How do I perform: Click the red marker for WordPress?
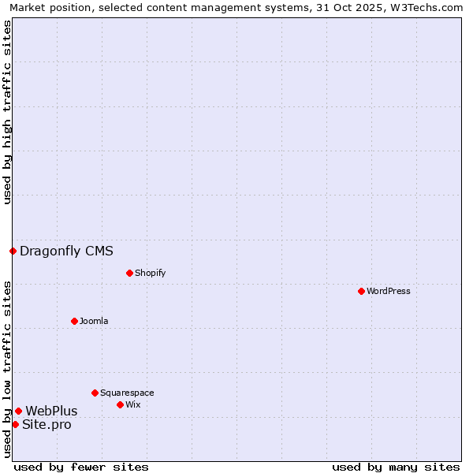[361, 291]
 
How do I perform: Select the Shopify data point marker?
[129, 273]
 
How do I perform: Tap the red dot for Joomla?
[74, 321]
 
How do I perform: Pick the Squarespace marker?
[95, 393]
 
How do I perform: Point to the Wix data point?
[120, 404]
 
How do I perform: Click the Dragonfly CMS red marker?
[13, 251]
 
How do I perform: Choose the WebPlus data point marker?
[18, 411]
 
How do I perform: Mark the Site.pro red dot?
[15, 424]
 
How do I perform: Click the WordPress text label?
[389, 291]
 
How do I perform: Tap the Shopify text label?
[150, 273]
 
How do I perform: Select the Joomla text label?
[94, 321]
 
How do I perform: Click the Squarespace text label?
[127, 393]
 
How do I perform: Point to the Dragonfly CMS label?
[66, 251]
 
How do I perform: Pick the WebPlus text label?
[51, 411]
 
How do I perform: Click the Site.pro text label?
[47, 425]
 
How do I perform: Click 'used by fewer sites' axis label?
[81, 467]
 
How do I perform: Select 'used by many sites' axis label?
[396, 467]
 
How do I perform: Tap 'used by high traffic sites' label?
[7, 112]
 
